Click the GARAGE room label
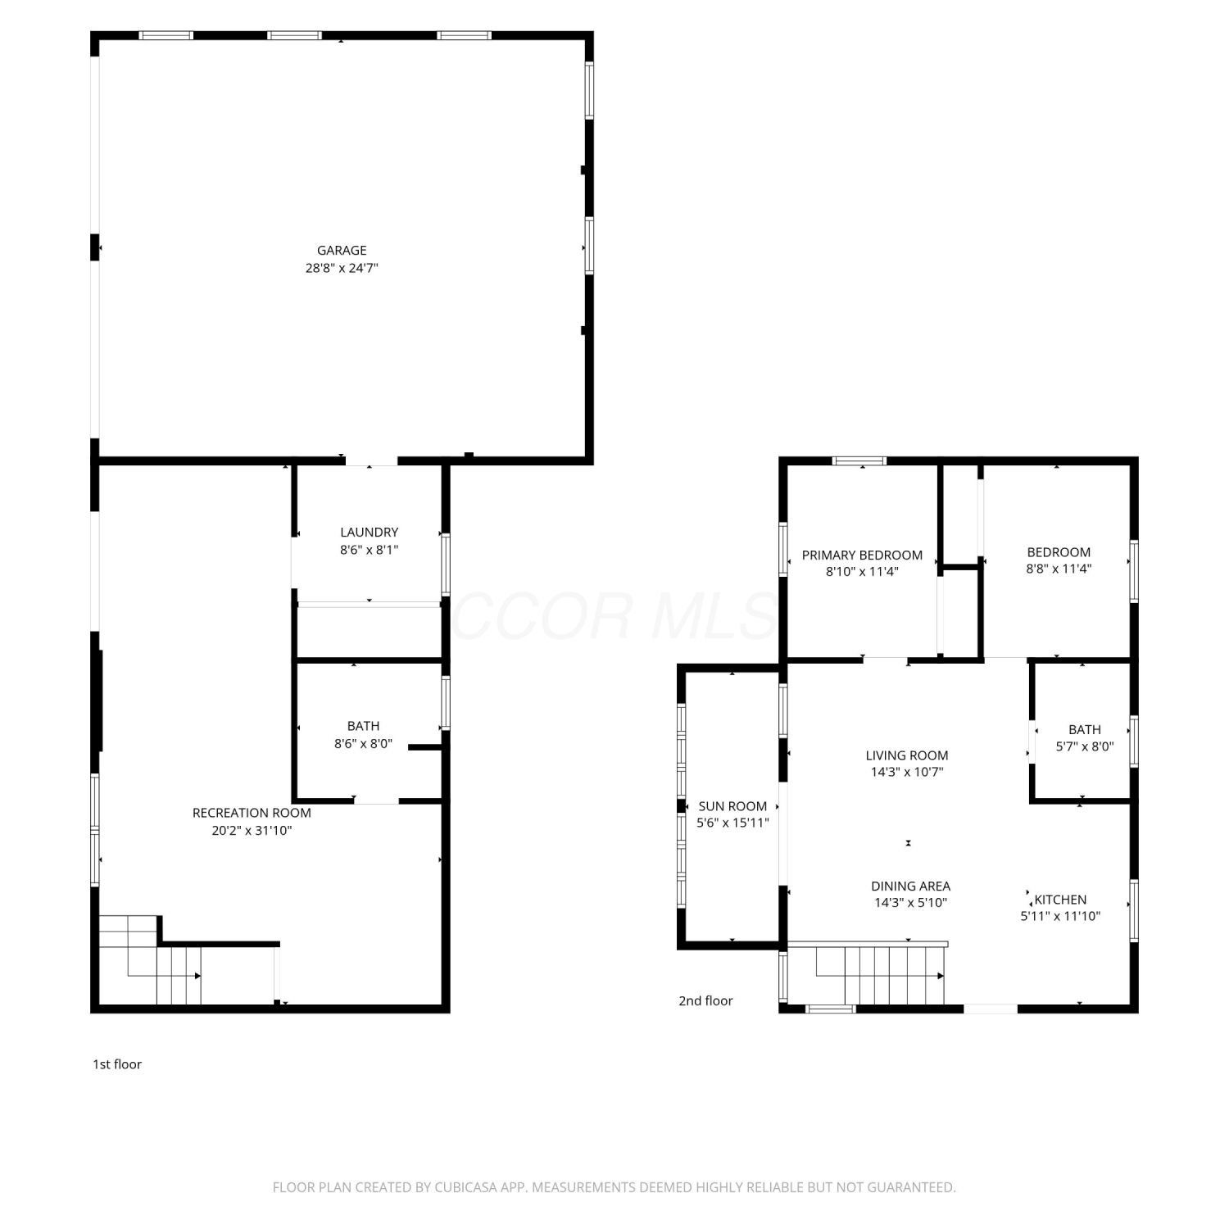(x=342, y=251)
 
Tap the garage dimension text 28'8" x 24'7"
(x=342, y=268)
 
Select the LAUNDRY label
(x=370, y=533)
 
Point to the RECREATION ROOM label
(x=252, y=813)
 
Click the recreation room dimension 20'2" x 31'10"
(x=252, y=831)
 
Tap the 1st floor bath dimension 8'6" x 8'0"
(x=363, y=744)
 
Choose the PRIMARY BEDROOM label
(x=862, y=556)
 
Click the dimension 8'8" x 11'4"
(x=1059, y=569)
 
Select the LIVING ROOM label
(x=907, y=755)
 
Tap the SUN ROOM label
(x=732, y=806)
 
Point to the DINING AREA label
(x=910, y=887)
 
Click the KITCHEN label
(x=1060, y=900)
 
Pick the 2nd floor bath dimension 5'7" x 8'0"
(x=1085, y=746)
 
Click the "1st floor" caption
(x=117, y=1064)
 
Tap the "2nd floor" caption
(x=705, y=1000)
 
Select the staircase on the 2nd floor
(x=881, y=975)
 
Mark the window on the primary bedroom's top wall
(x=859, y=461)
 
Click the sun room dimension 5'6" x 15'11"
(x=732, y=823)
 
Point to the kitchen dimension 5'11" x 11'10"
(x=1060, y=917)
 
